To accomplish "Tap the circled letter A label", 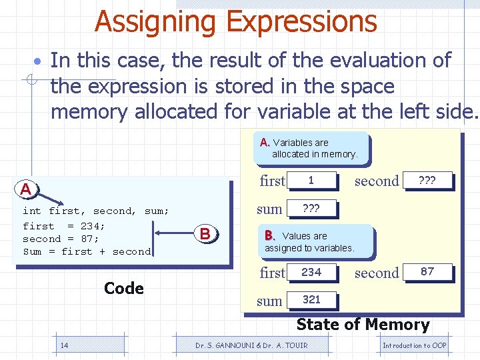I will tap(25, 189).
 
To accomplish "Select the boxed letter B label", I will tap(205, 234).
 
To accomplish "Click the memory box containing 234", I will tap(311, 272).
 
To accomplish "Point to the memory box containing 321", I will tap(311, 300).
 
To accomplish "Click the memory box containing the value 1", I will tap(311, 181).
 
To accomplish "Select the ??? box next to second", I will tap(427, 181).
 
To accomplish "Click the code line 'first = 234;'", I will tap(64, 225).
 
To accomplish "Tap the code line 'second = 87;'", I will tap(61, 239).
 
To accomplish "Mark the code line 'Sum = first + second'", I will tap(87, 252).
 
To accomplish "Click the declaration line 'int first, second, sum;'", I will tap(95, 211).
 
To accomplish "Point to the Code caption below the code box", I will tap(124, 289).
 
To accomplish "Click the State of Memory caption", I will tap(363, 325).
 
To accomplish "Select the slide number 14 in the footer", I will tap(64, 345).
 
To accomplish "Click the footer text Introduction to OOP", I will tap(414, 345).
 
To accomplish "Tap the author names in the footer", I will tap(252, 345).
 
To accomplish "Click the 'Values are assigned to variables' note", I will tap(309, 241).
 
